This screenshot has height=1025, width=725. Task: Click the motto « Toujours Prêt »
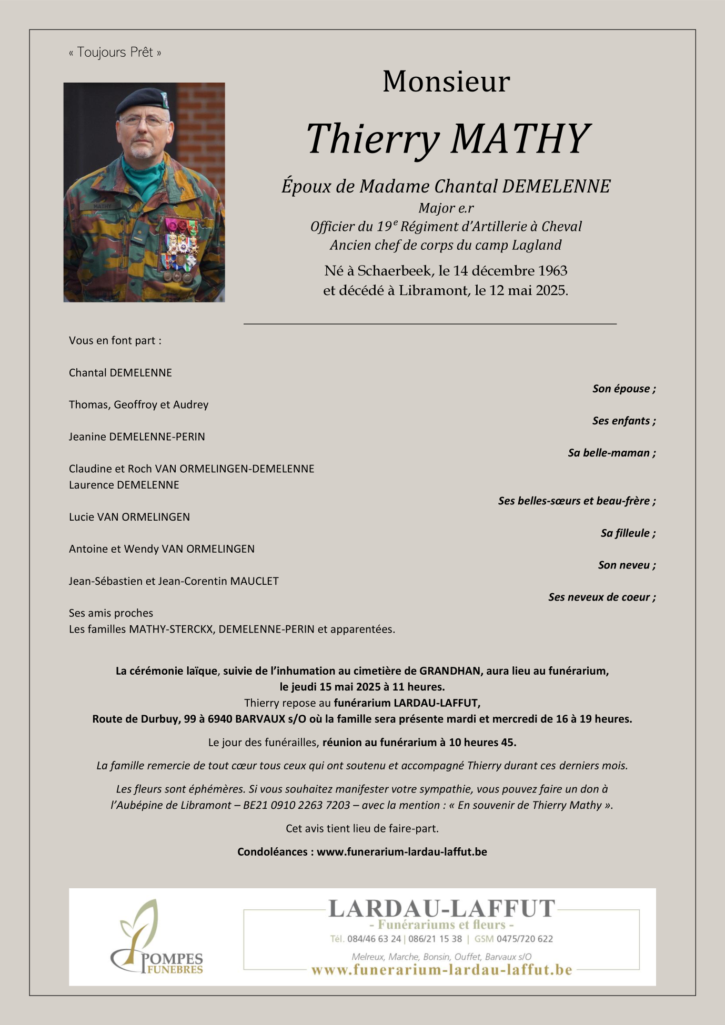coord(115,53)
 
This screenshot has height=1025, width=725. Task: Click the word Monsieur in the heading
coord(446,82)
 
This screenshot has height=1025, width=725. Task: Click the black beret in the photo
coord(141,100)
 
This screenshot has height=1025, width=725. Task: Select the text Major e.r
coord(446,208)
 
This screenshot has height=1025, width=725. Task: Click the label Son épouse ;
coord(624,389)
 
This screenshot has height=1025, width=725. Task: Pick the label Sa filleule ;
coord(628,533)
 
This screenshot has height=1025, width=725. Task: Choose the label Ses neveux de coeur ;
coord(602,597)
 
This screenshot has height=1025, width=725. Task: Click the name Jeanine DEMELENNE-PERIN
coord(137,437)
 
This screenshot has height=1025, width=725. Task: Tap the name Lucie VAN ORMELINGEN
coord(129,517)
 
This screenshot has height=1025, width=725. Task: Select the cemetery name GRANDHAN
coord(450,671)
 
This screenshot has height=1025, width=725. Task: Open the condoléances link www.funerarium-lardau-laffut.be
coord(401,852)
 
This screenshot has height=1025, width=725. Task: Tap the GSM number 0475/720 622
coord(525,939)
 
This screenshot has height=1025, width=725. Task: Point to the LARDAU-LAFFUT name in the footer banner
coord(441,909)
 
